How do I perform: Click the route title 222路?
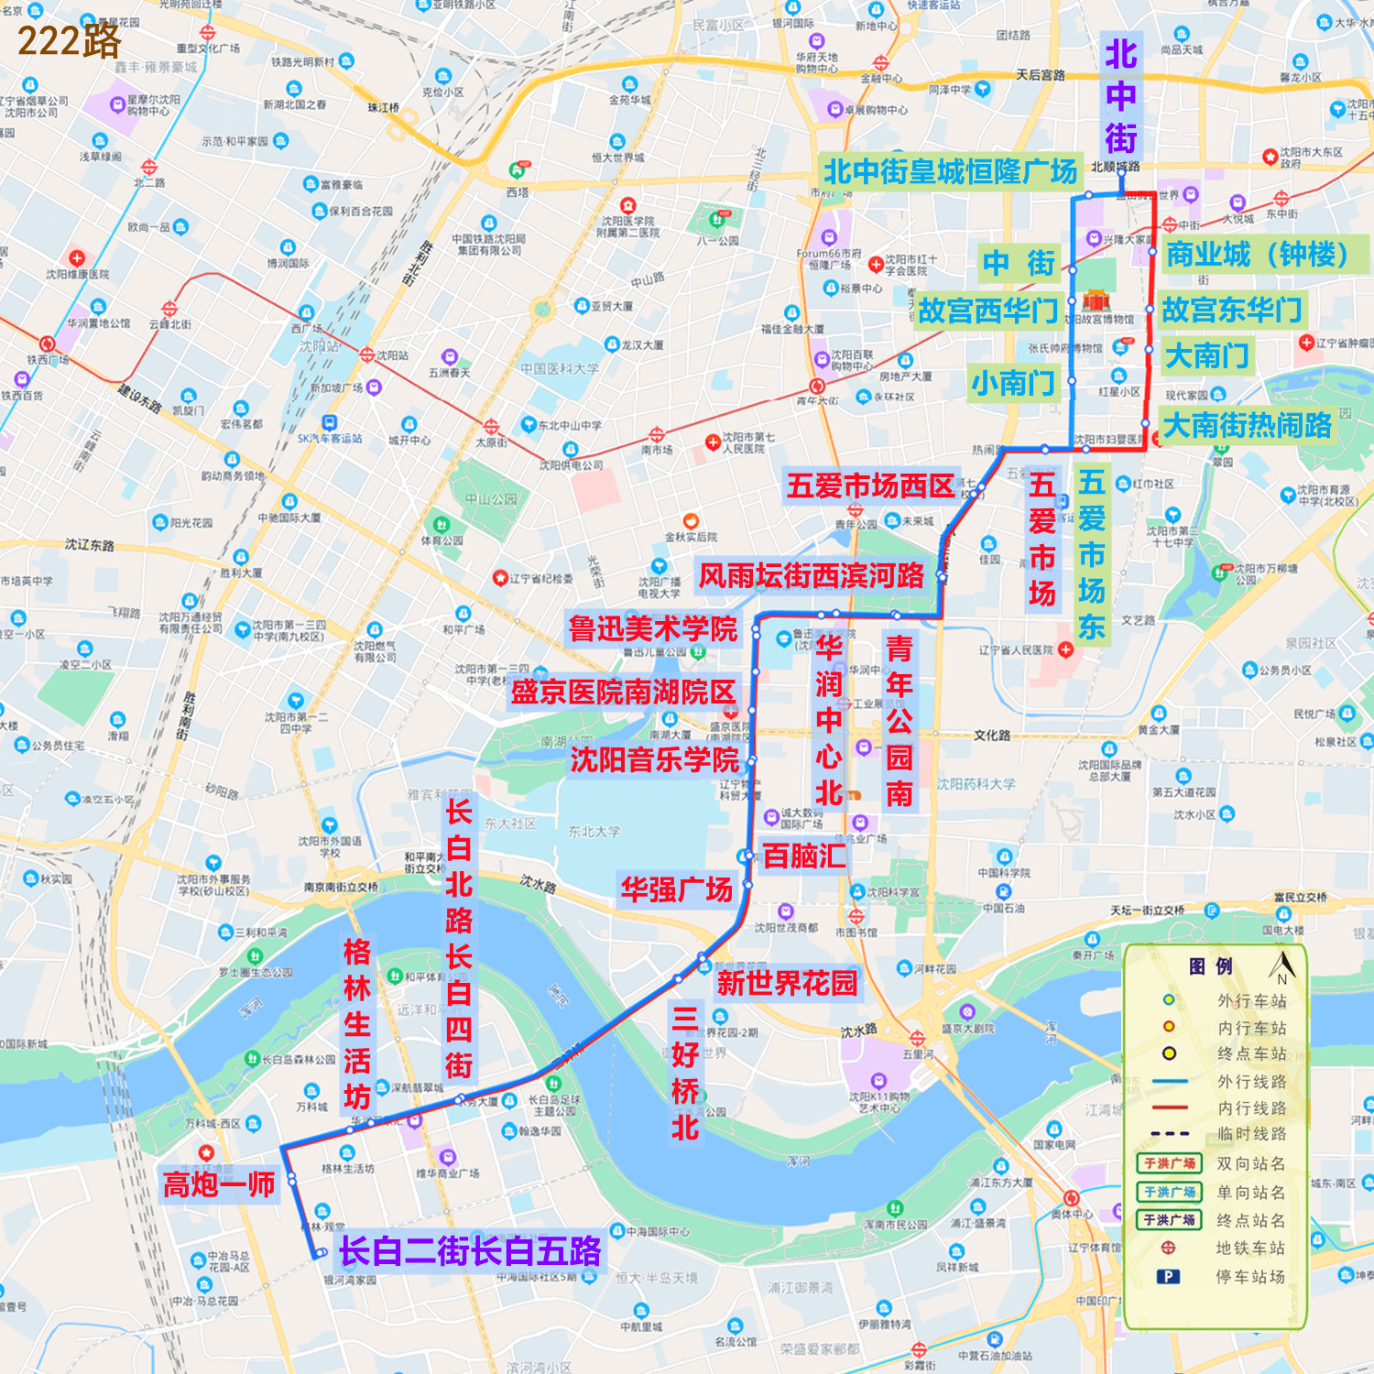pos(69,40)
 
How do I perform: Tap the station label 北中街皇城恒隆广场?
pos(949,171)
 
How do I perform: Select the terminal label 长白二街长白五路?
pos(470,1251)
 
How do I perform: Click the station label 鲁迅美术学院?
pos(652,629)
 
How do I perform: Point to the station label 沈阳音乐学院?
pos(654,759)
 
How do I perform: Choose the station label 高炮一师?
pos(219,1184)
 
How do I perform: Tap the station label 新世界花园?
pos(787,984)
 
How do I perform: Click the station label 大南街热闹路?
pos(1246,425)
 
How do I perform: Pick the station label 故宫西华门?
pos(987,311)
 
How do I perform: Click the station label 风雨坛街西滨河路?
pos(812,575)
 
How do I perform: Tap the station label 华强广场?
pos(677,889)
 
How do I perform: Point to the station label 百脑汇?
pos(804,856)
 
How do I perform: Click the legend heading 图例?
pos(1210,966)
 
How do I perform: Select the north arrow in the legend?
pos(1282,966)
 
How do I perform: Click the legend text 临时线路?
pos(1251,1134)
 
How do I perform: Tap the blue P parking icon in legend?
pos(1168,1276)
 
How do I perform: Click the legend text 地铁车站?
pos(1250,1248)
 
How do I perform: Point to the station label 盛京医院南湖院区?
pos(623,692)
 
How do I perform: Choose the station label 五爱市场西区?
pos(870,486)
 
